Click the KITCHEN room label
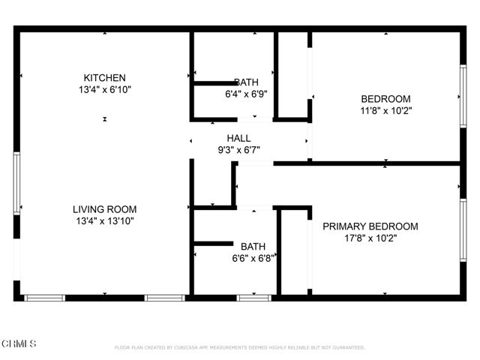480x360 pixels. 104,78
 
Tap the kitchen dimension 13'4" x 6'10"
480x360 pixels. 104,90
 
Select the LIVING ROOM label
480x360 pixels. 104,209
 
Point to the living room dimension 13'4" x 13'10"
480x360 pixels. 104,221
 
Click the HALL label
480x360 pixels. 238,138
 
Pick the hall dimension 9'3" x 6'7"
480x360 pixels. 238,149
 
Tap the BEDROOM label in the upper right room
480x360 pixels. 385,99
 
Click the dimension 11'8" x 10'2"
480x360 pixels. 385,110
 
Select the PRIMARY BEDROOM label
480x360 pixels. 370,226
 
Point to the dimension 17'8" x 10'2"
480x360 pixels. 370,238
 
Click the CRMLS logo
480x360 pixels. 19,343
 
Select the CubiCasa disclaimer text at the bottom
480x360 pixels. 239,348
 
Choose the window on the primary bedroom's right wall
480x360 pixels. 463,229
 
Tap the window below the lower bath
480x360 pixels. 253,298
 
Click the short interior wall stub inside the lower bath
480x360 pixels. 214,243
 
